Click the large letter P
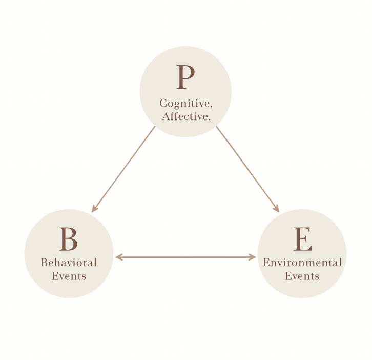coord(185,77)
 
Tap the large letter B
coord(68,238)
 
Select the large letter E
coord(302,238)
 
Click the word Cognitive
coord(183,104)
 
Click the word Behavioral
coord(69,263)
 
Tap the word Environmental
coord(302,263)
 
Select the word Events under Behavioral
coord(69,276)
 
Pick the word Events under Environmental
coord(302,276)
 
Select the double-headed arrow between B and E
coord(185,257)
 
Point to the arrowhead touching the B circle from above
coord(94,209)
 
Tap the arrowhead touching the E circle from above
coord(277,209)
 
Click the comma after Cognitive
coord(211,106)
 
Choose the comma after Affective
coord(208,119)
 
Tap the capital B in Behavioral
coord(44,263)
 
